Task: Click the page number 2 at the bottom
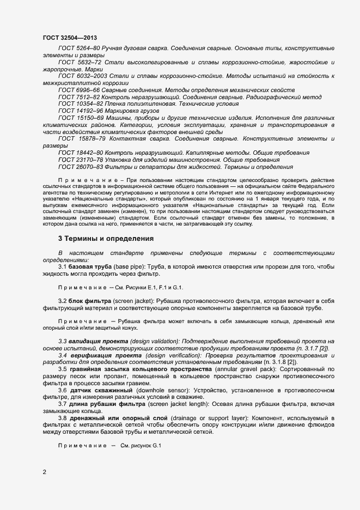[x=45, y=471]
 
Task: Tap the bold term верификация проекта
[x=105, y=355]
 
